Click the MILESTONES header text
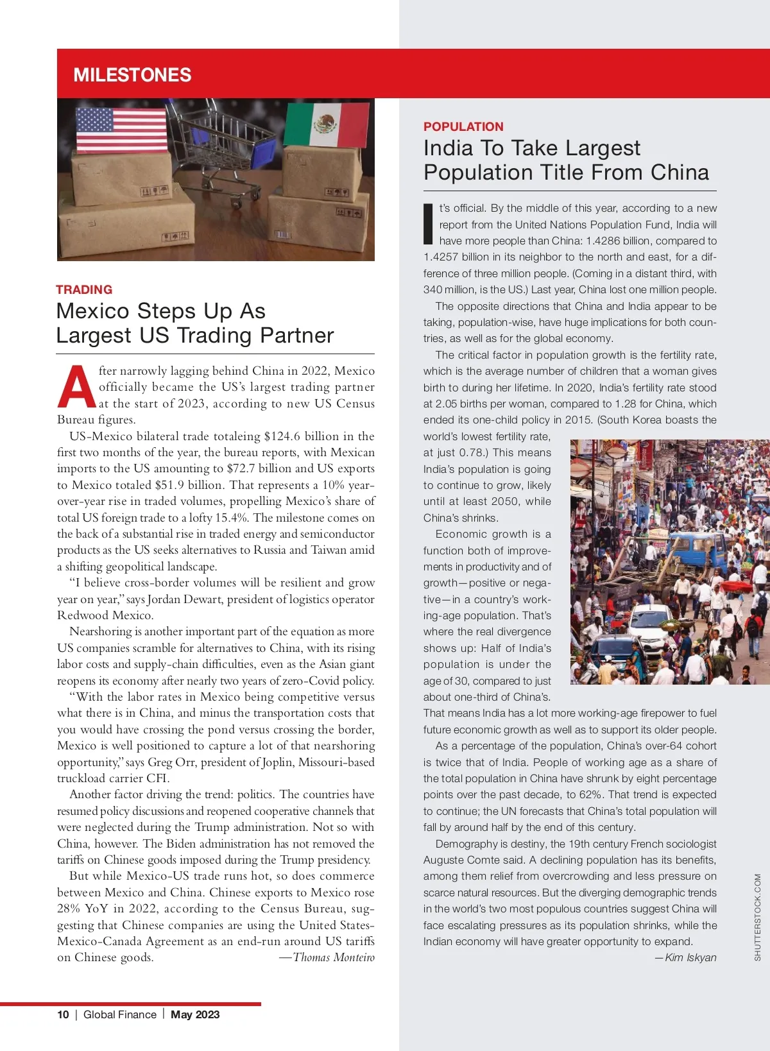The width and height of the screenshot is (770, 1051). [132, 75]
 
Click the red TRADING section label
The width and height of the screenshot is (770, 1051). [84, 289]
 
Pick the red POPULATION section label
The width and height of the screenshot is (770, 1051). [463, 126]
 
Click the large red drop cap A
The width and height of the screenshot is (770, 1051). [76, 388]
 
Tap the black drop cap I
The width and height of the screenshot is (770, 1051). [429, 224]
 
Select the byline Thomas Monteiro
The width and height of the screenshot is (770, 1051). [334, 957]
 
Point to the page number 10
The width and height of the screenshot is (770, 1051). [63, 1014]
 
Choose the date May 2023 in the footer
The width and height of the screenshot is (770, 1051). [195, 1014]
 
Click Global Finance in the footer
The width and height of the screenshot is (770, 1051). [120, 1014]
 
